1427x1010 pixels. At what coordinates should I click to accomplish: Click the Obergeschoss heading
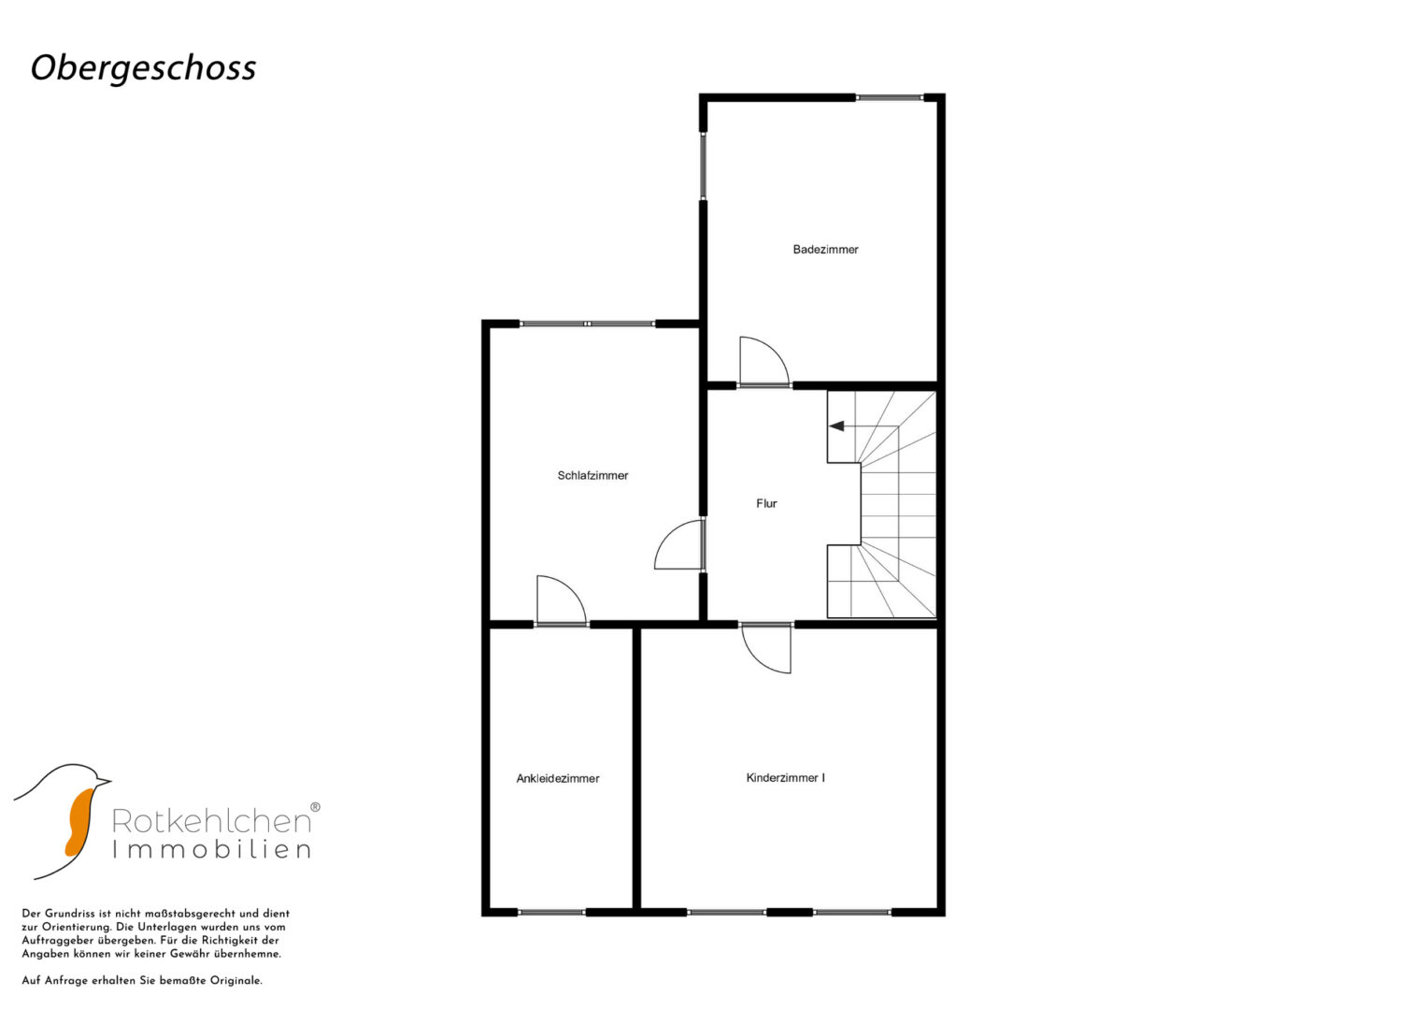143,68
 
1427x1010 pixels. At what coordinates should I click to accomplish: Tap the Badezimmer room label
825,250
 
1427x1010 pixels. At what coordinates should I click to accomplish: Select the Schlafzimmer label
592,475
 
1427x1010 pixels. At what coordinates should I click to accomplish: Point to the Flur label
766,503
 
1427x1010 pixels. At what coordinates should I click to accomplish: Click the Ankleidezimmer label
557,778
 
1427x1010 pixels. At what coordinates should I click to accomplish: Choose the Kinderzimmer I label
786,777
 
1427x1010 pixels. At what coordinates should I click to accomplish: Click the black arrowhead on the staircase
836,426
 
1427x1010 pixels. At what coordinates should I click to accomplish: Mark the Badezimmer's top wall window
890,97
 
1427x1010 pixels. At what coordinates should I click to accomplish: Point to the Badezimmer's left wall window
704,166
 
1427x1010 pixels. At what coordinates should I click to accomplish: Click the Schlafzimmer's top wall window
588,324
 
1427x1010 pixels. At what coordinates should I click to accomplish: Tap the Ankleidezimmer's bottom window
551,913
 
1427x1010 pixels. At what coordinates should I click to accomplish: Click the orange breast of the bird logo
79,821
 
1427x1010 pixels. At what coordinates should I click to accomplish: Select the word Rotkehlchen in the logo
211,821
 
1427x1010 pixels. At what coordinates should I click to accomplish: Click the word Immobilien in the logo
211,850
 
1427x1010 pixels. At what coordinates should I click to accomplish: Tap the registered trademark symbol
315,806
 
